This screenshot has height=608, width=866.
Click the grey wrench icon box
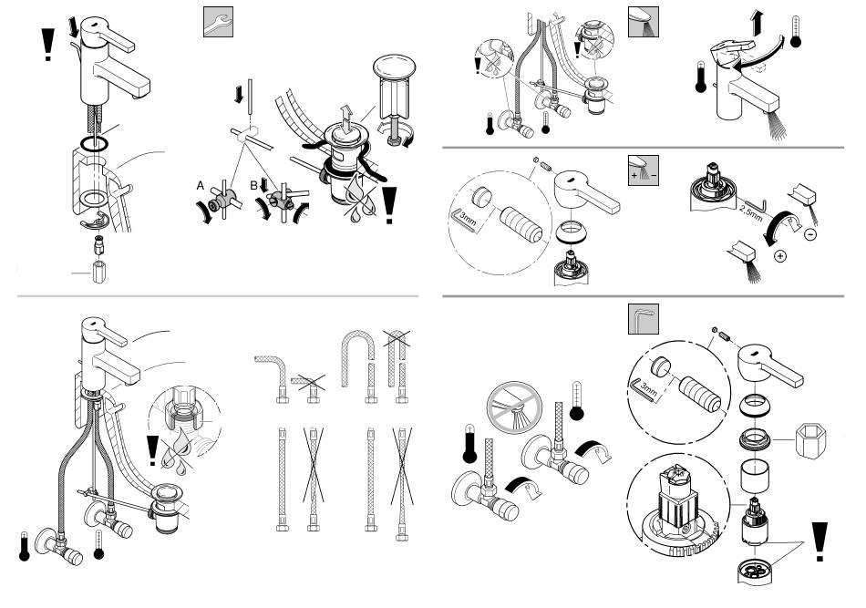tap(218, 22)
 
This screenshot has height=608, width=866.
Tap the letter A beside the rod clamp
tap(201, 186)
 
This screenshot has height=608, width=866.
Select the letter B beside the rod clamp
tap(253, 186)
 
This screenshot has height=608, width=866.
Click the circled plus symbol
tap(779, 256)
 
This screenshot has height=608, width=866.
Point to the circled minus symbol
tap(809, 234)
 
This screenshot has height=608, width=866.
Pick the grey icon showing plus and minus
tap(644, 170)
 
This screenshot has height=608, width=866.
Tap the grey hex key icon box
tap(644, 319)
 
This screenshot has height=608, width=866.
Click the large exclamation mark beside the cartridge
tap(820, 541)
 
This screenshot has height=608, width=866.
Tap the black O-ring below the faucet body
tap(94, 145)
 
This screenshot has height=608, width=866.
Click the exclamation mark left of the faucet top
tap(48, 44)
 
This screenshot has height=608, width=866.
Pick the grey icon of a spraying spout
tap(644, 22)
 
